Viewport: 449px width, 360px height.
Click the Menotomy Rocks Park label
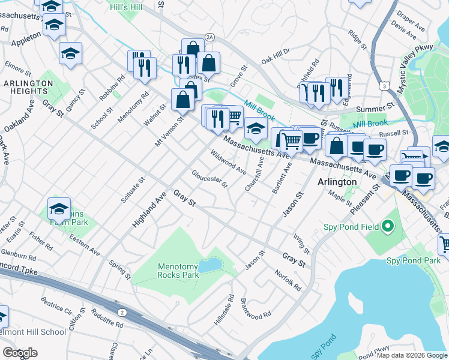(178, 271)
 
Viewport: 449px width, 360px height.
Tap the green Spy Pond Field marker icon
(387, 227)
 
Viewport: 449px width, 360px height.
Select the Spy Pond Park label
(413, 260)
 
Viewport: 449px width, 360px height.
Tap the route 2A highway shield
(209, 37)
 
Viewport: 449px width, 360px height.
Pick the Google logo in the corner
(20, 353)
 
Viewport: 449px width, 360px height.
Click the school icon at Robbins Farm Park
(59, 209)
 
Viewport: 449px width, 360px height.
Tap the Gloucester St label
(209, 178)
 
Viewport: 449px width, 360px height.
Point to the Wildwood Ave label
(228, 162)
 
